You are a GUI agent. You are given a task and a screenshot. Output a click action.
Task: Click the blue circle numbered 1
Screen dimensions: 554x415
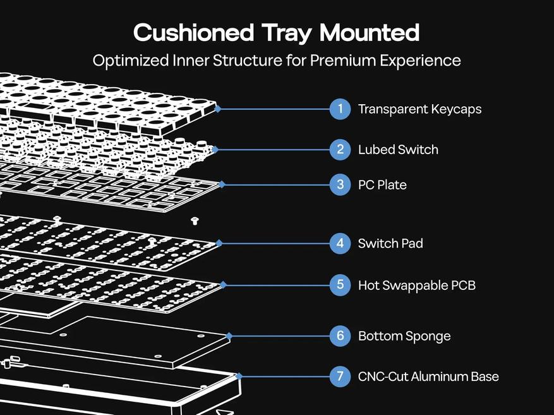(x=340, y=109)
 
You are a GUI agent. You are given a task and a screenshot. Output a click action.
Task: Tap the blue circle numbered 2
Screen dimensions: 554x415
(x=340, y=150)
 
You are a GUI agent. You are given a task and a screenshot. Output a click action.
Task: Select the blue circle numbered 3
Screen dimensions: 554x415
(x=340, y=184)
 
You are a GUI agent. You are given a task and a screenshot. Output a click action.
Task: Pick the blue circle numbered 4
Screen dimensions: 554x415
(x=340, y=243)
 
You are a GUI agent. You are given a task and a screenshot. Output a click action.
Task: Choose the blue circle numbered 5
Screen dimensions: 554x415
(x=340, y=285)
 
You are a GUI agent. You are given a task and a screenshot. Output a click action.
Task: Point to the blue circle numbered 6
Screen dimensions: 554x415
(x=340, y=336)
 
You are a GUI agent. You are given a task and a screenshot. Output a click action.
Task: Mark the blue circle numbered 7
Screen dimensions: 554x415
(x=340, y=376)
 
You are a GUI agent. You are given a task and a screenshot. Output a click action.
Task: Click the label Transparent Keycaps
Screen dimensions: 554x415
(x=419, y=109)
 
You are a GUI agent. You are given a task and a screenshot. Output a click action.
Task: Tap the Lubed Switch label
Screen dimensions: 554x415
(x=398, y=150)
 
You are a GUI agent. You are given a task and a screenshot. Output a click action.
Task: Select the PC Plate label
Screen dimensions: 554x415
(x=382, y=185)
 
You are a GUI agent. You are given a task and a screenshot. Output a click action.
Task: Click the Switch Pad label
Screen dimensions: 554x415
(x=390, y=243)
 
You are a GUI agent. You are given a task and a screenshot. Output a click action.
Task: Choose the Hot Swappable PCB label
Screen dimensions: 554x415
(x=417, y=286)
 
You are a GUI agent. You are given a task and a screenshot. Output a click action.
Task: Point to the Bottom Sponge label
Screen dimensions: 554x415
(x=404, y=336)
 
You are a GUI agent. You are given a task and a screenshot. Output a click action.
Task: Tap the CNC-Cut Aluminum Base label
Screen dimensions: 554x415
(x=428, y=376)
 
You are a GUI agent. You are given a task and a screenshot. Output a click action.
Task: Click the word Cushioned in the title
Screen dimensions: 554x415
(x=194, y=32)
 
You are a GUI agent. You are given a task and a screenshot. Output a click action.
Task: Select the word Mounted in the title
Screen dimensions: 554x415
(x=370, y=32)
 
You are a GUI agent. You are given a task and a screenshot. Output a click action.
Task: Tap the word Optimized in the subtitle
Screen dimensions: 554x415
(x=131, y=61)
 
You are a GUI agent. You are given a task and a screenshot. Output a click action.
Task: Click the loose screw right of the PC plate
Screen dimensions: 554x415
(x=195, y=220)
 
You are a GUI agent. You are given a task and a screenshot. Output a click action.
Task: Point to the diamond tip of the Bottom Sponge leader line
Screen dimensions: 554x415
(x=229, y=336)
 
